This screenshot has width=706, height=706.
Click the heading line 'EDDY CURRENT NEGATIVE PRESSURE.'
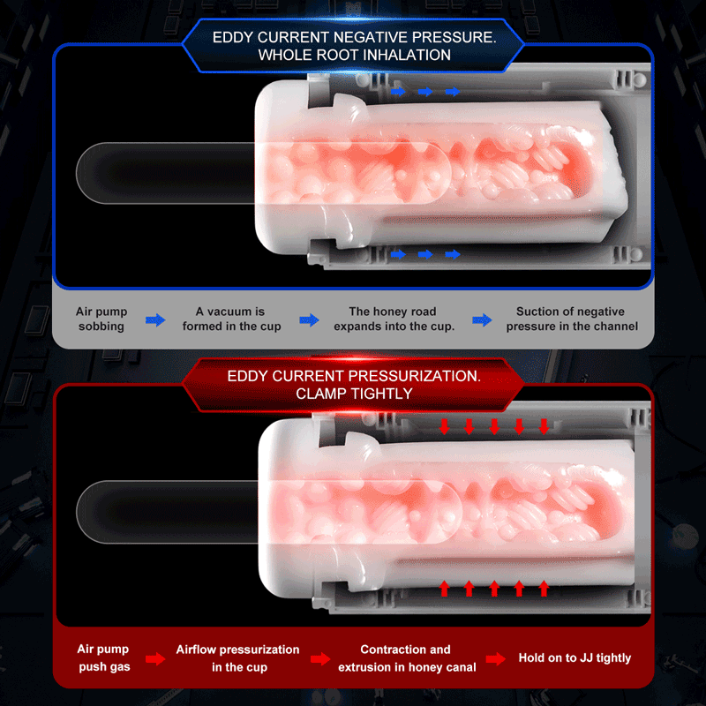pos(355,37)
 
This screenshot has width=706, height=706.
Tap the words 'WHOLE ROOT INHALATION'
pos(355,55)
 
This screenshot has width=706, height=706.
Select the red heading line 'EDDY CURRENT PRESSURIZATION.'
pos(354,376)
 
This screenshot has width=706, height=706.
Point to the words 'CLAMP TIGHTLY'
pos(354,394)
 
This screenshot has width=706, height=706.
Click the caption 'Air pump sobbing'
pos(101,319)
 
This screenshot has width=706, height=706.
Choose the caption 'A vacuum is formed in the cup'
pos(231,319)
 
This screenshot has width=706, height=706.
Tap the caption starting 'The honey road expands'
pos(394,319)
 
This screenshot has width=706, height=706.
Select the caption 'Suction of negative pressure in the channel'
pos(572,319)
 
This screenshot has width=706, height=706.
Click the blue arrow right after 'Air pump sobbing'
pos(155,320)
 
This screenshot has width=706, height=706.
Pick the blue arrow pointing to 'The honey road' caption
pos(310,320)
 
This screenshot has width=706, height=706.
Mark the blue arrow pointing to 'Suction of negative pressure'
pos(482,320)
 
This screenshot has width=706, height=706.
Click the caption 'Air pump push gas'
pos(103,657)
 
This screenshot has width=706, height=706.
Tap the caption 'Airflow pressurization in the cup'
pos(237,658)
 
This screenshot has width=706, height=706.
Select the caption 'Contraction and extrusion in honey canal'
pos(407,658)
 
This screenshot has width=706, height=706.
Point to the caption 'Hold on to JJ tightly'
pos(575,657)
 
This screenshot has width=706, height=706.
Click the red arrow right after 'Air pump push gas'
pos(155,658)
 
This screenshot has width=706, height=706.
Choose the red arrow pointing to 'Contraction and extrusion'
pos(320,658)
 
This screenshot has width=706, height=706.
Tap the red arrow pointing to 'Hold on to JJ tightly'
pos(496,658)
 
